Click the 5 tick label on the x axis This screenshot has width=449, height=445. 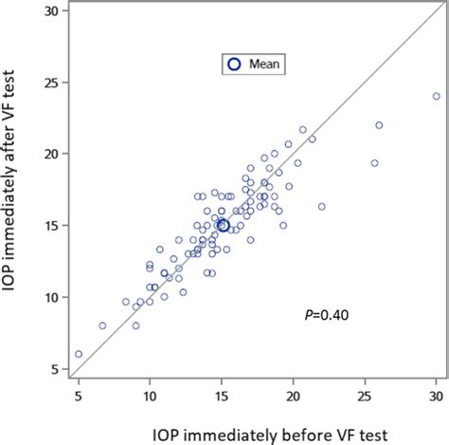point(78,396)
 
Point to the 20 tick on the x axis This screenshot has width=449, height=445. point(294,396)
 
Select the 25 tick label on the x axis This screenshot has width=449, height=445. point(365,396)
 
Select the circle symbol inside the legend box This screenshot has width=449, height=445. point(234,65)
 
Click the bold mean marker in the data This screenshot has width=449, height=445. point(224,225)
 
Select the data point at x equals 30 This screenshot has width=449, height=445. point(436,96)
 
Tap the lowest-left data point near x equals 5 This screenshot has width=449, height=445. point(79,354)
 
